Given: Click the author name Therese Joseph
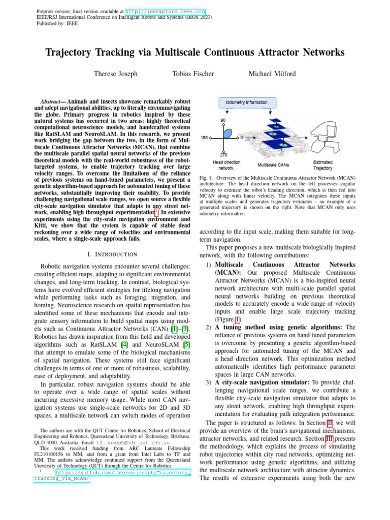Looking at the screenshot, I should coord(115,74).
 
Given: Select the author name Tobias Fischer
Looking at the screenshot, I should coord(193,74).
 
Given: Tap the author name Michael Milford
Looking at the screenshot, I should coord(272,74).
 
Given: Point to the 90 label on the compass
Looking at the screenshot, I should coord(223,120).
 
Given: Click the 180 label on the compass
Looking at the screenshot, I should coord(204,138).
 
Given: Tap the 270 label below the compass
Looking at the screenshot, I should coord(223,154).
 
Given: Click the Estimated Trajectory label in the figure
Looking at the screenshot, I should coord(323,165).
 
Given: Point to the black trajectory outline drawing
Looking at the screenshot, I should coord(329,138).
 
